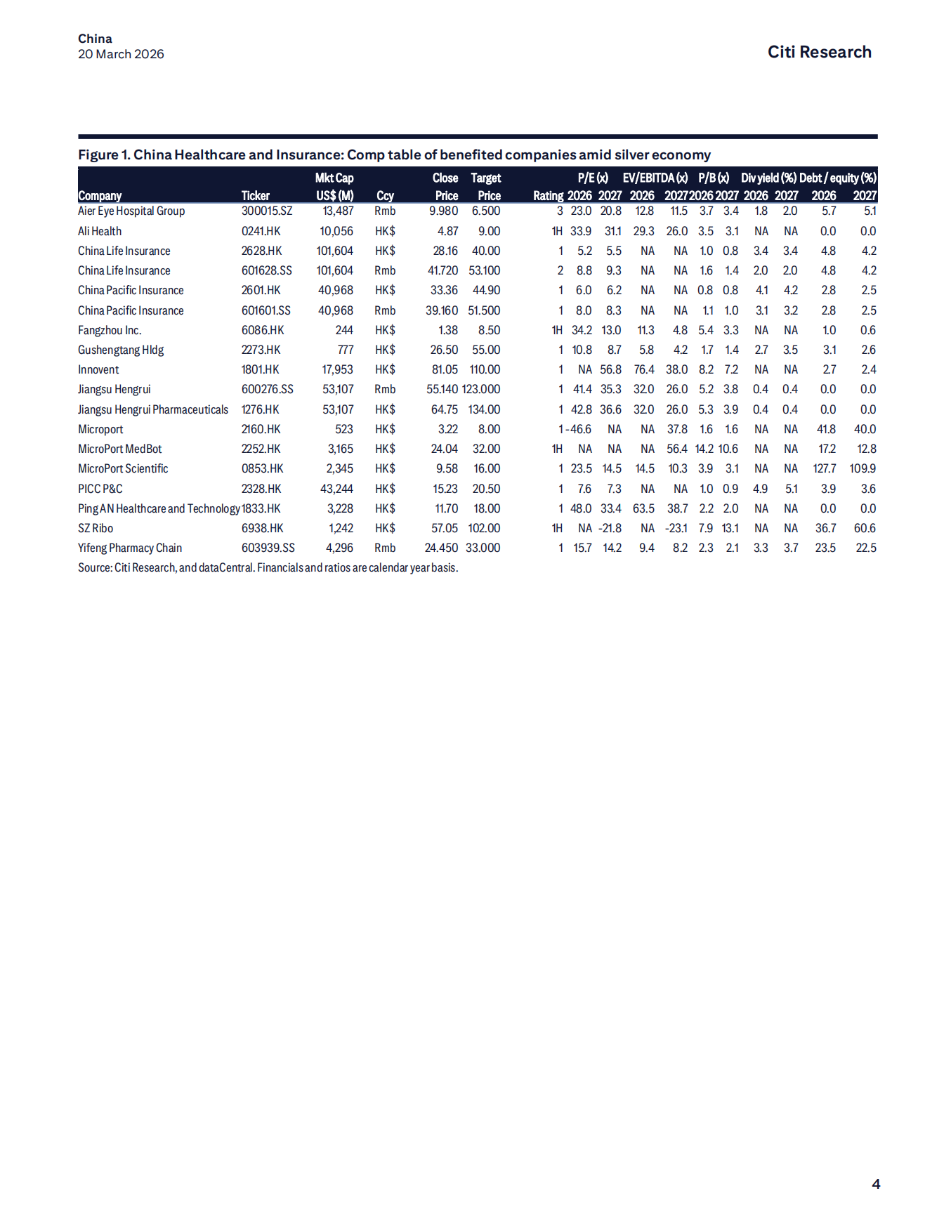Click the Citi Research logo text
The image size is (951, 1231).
point(819,52)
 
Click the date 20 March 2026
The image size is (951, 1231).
point(121,54)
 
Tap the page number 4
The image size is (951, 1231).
point(876,1184)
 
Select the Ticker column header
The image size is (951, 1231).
point(255,196)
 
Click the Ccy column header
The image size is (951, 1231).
point(385,196)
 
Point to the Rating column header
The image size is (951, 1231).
point(548,196)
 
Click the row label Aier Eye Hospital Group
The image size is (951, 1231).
point(131,211)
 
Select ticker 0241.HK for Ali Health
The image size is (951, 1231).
point(261,231)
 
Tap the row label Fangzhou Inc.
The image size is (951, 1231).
point(110,330)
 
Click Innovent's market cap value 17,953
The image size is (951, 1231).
point(337,369)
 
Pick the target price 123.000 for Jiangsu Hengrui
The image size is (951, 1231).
point(481,389)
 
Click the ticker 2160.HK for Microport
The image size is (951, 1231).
point(261,429)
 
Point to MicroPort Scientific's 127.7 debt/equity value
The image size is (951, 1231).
point(825,468)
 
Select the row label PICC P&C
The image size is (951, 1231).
point(100,489)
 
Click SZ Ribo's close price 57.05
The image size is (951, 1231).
point(445,528)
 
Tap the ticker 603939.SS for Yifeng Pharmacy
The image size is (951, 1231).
point(268,548)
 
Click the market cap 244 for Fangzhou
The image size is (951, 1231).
point(344,330)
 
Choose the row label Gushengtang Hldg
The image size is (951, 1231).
point(121,350)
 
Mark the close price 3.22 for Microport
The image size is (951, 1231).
point(448,429)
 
